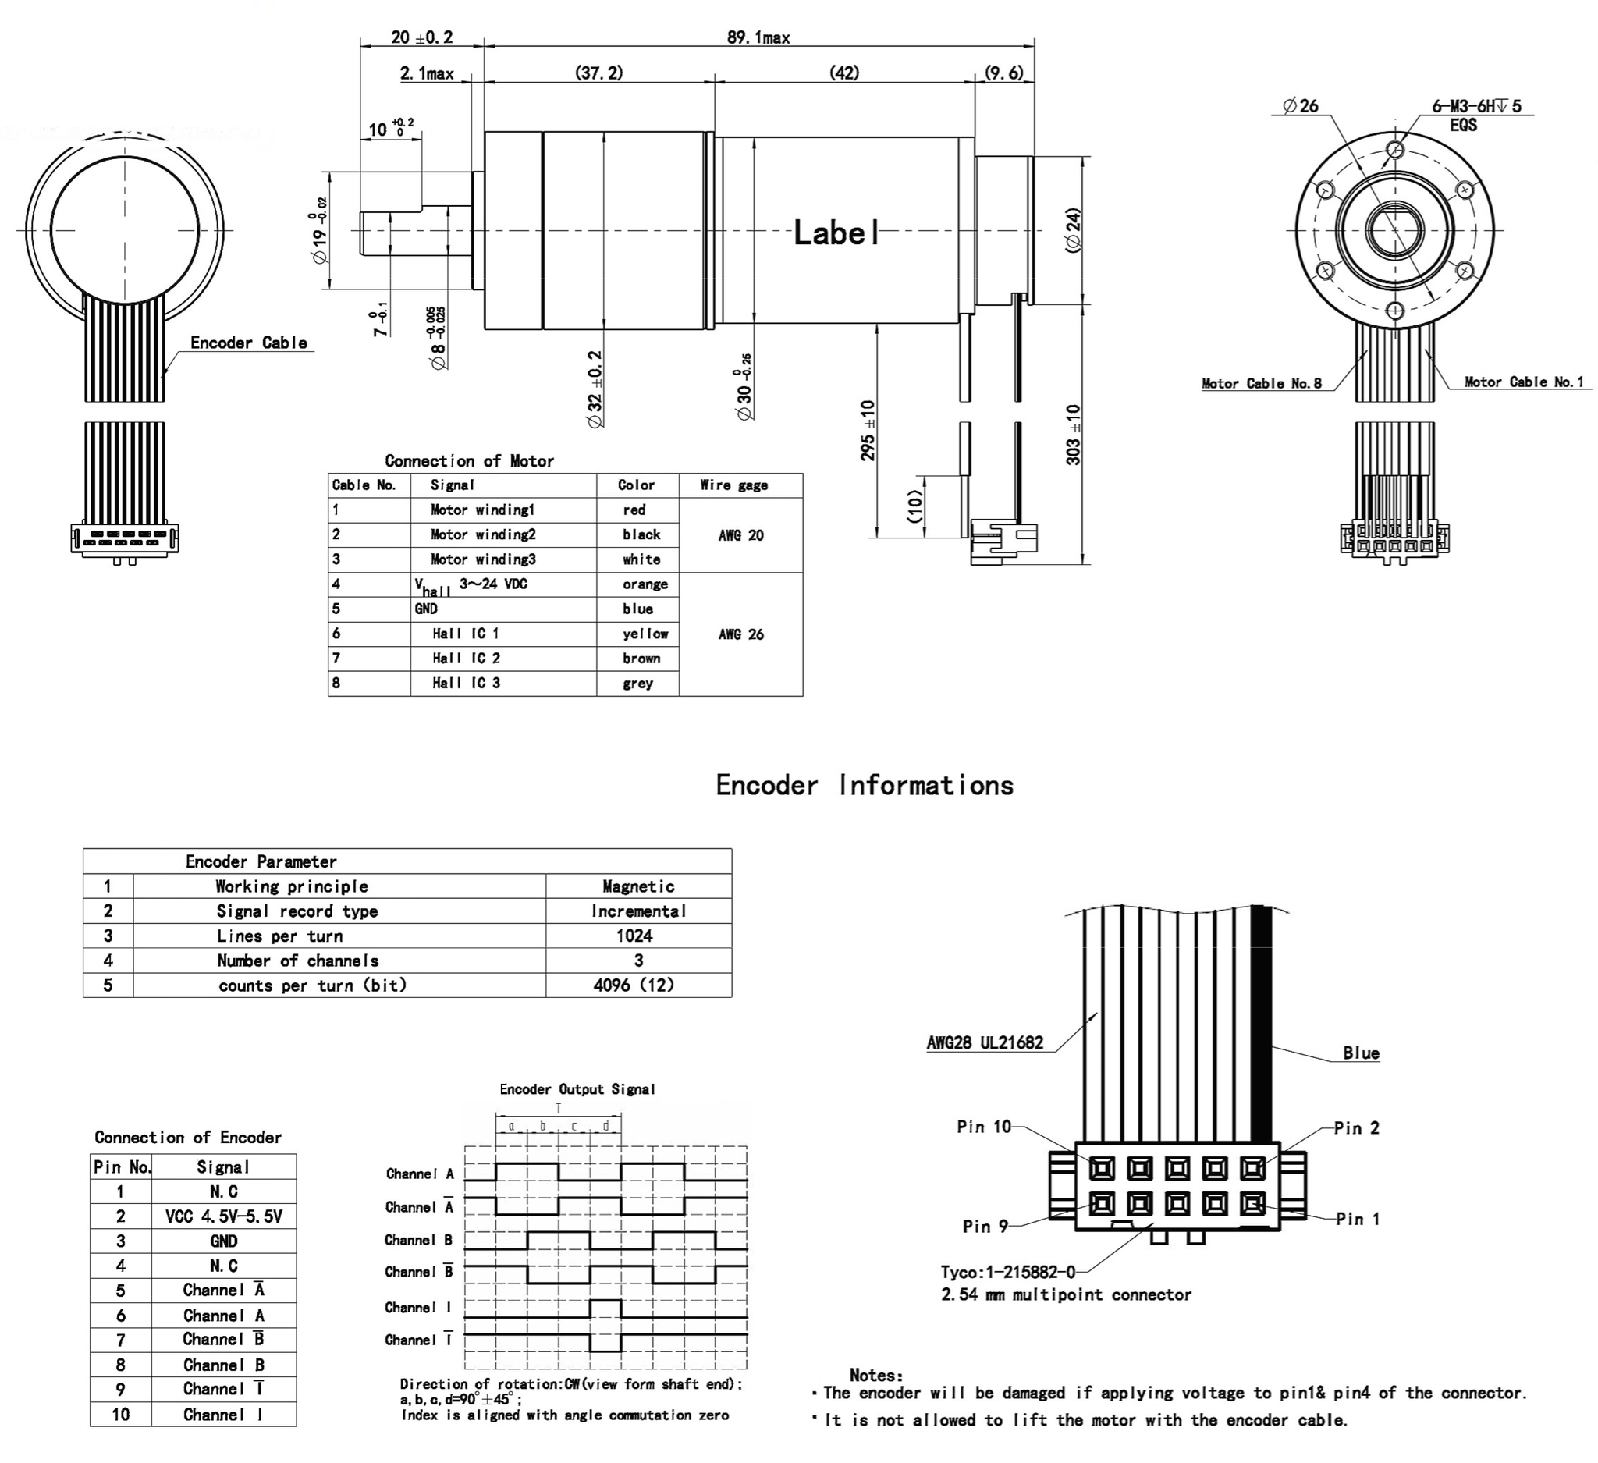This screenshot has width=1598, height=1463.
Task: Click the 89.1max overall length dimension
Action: pyautogui.click(x=758, y=37)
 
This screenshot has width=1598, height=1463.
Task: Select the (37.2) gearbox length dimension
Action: pyautogui.click(x=598, y=73)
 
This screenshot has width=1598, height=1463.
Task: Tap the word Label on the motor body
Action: pyautogui.click(x=836, y=233)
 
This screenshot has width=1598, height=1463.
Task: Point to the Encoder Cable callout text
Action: pyautogui.click(x=248, y=343)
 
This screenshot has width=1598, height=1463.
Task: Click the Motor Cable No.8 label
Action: pyautogui.click(x=1261, y=384)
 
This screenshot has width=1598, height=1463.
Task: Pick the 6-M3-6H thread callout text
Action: pyautogui.click(x=1476, y=106)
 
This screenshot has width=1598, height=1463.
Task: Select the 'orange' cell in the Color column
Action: pyautogui.click(x=645, y=584)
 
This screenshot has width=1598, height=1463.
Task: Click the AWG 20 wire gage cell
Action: pyautogui.click(x=740, y=535)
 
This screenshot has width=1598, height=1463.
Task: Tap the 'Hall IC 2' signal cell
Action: pyautogui.click(x=466, y=658)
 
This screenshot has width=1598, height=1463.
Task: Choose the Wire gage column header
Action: pyautogui.click(x=733, y=485)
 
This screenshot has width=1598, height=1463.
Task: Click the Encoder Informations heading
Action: pyautogui.click(x=864, y=785)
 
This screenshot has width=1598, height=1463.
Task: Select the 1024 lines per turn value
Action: pyautogui.click(x=634, y=936)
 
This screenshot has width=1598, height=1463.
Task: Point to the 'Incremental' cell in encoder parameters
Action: pyautogui.click(x=638, y=911)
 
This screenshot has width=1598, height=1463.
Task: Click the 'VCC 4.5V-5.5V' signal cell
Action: pyautogui.click(x=223, y=1216)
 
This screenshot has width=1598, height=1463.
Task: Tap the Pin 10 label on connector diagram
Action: pyautogui.click(x=984, y=1126)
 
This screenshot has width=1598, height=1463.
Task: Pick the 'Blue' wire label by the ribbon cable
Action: pyautogui.click(x=1360, y=1053)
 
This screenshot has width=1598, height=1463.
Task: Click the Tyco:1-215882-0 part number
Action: pyautogui.click(x=1007, y=1272)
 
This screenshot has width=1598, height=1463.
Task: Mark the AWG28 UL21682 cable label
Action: pyautogui.click(x=985, y=1042)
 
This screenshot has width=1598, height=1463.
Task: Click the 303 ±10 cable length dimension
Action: pyautogui.click(x=1073, y=435)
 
